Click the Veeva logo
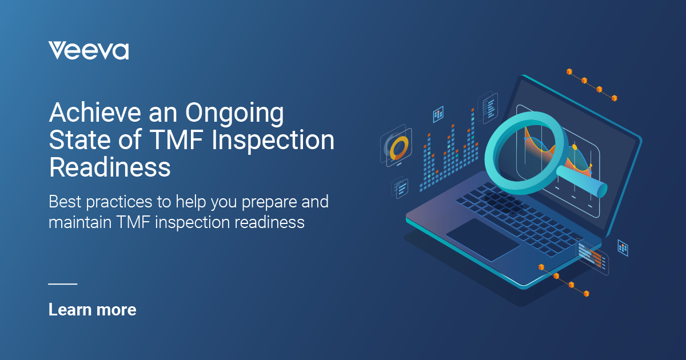pyautogui.click(x=89, y=50)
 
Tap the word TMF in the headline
pyautogui.click(x=181, y=141)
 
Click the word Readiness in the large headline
pyautogui.click(x=110, y=168)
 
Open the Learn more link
pyautogui.click(x=93, y=310)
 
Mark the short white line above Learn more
pyautogui.click(x=62, y=283)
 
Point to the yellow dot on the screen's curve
pyautogui.click(x=575, y=147)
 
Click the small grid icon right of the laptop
pyautogui.click(x=623, y=247)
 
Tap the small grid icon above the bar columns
pyautogui.click(x=438, y=114)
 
